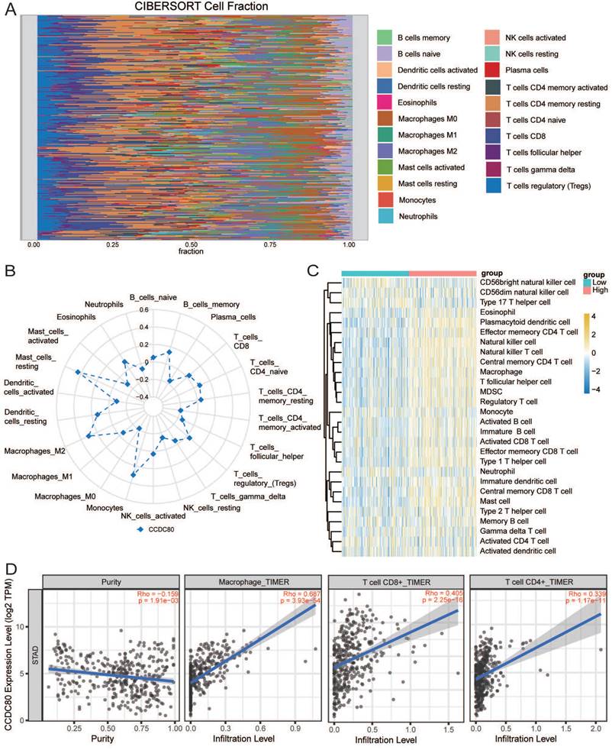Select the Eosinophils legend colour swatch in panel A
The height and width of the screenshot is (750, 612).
(385, 101)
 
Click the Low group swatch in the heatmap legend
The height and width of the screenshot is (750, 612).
(585, 282)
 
